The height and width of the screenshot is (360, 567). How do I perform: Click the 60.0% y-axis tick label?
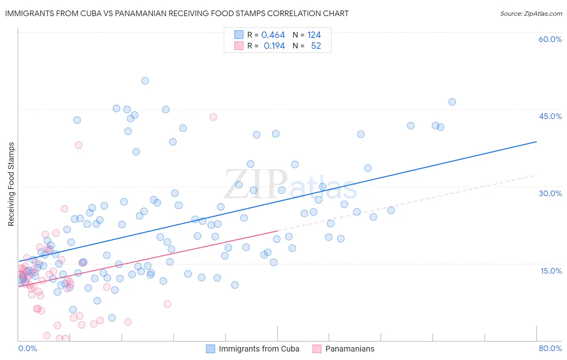point(550,39)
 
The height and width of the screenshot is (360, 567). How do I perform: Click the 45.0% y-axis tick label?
point(550,116)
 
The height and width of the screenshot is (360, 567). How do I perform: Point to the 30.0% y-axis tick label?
point(550,193)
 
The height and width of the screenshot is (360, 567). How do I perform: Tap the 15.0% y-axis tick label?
point(551,271)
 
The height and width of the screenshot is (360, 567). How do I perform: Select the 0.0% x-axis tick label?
point(27,348)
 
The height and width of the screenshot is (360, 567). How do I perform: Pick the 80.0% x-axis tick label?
point(550,348)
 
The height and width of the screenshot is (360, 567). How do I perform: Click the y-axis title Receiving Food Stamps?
point(11,184)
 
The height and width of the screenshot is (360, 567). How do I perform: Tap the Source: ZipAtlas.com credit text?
point(531,13)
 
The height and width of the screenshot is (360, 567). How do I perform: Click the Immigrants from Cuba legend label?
point(259,349)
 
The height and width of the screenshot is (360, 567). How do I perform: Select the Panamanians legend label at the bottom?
point(350,349)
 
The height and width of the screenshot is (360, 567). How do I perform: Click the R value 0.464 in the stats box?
point(273,35)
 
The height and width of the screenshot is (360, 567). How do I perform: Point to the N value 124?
point(314,35)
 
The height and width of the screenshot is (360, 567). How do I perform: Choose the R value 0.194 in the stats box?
point(274,46)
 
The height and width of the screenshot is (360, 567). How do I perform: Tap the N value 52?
point(316,46)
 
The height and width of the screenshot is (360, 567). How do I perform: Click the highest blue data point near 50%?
point(145,81)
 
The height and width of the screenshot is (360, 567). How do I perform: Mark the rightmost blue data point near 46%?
point(452,102)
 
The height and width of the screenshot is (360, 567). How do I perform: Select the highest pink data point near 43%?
point(213,117)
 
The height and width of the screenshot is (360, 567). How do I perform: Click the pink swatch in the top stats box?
point(239,46)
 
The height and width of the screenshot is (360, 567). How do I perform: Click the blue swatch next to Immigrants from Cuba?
point(211,349)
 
